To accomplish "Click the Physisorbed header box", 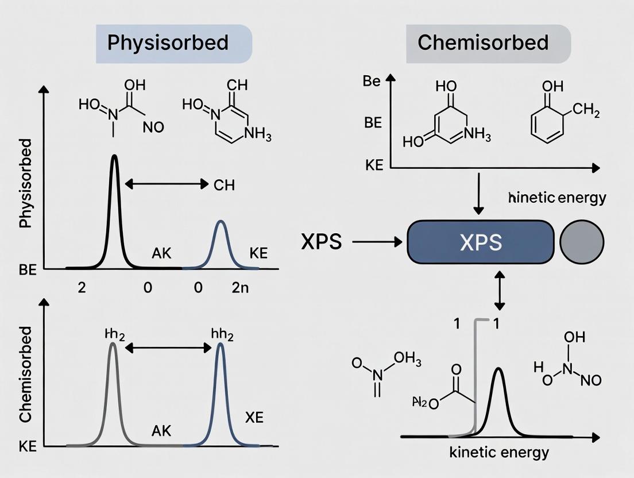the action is point(173,44).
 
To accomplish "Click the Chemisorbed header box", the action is point(488,44).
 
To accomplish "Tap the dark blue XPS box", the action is point(480,242).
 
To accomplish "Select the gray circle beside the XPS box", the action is point(581,242).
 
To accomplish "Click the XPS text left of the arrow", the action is point(321,242).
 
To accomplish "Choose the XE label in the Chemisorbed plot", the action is point(254,418).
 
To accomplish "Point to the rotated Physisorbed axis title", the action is point(26,190).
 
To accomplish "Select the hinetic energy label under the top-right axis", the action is point(557,198).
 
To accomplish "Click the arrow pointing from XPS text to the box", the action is point(377,242).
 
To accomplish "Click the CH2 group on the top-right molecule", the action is point(586,110).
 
